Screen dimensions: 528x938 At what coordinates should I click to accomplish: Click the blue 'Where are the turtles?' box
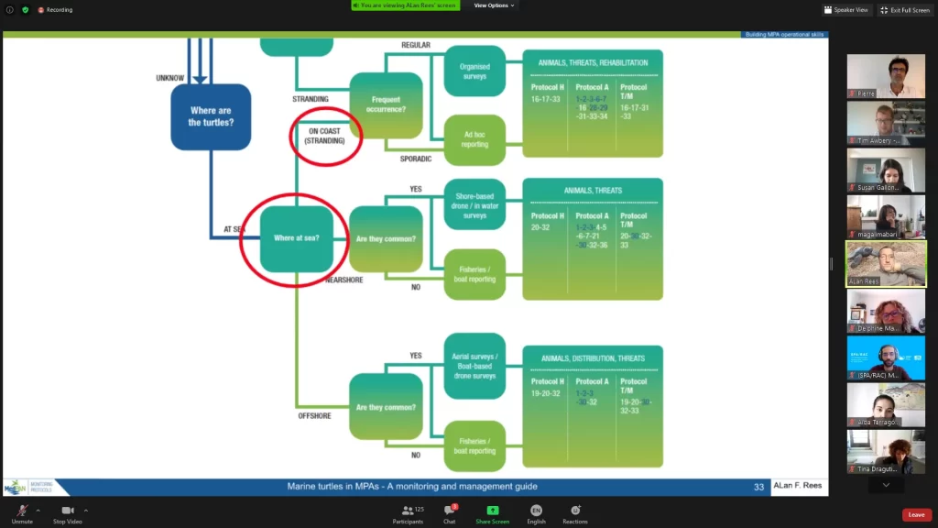click(211, 116)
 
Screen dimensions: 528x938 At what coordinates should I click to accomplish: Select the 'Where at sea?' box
click(296, 238)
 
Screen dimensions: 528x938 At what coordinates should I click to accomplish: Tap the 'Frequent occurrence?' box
click(386, 104)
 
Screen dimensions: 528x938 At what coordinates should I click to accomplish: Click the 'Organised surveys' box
click(474, 71)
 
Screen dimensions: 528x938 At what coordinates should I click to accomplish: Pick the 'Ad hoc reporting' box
click(474, 139)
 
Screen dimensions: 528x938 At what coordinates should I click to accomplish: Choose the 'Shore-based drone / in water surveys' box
click(474, 204)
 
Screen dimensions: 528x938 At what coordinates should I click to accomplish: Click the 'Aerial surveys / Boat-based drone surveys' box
click(474, 365)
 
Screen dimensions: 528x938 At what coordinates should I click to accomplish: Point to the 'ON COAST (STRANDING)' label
click(325, 136)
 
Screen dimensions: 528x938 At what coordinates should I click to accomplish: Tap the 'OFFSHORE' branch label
click(314, 416)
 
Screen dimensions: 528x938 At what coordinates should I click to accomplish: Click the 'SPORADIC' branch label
click(415, 159)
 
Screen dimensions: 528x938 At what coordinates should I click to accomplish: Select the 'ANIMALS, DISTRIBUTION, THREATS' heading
click(593, 358)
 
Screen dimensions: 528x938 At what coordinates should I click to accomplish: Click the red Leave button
click(916, 515)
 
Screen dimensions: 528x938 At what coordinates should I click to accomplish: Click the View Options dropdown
click(494, 5)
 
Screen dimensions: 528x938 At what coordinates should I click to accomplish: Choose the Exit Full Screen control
click(905, 10)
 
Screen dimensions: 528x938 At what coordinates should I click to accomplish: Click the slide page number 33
click(758, 487)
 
